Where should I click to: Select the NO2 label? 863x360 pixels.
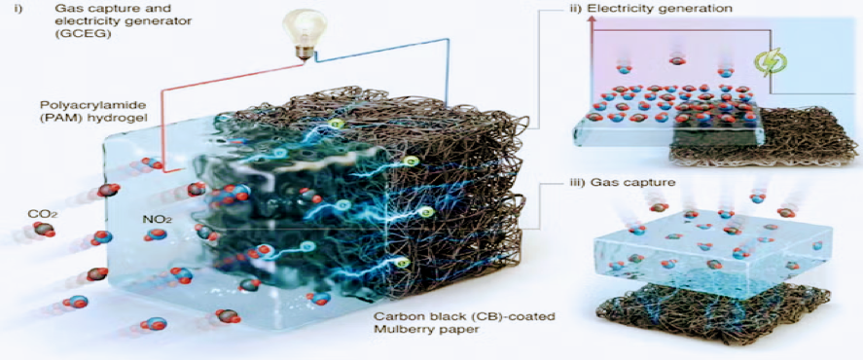point(158,219)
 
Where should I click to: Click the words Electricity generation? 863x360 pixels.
point(670,9)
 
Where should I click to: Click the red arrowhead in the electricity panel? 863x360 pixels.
point(593,20)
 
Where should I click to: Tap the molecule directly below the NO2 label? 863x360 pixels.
point(156,235)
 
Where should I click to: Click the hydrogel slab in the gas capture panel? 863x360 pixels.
point(714,257)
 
